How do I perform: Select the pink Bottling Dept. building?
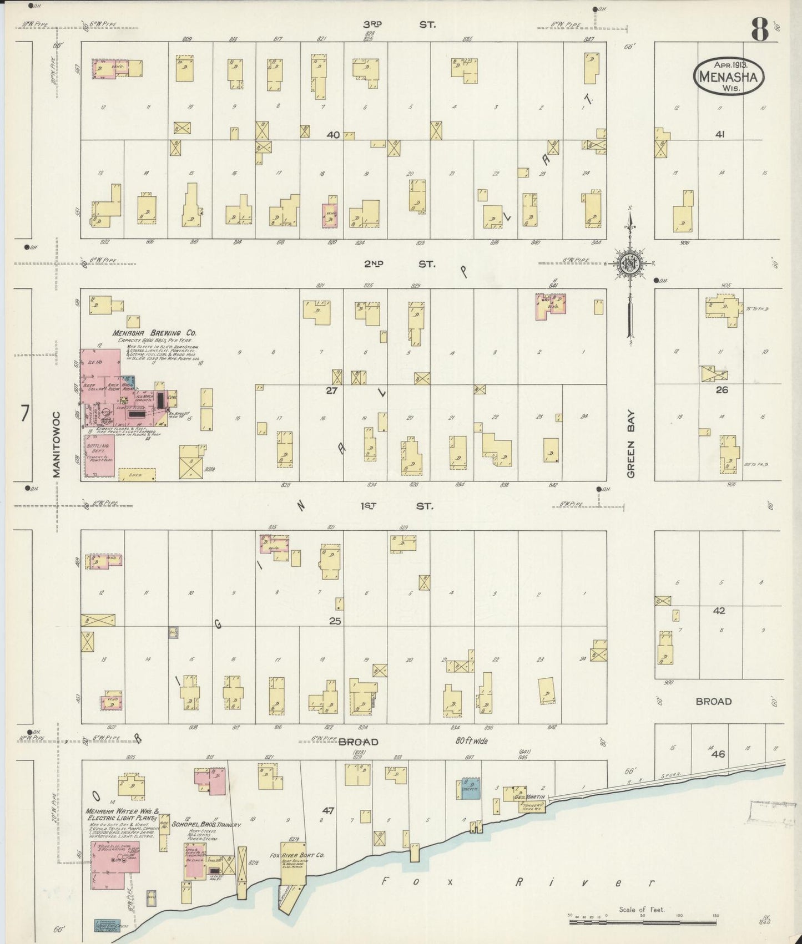pyautogui.click(x=99, y=455)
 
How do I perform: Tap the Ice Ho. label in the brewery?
pyautogui.click(x=93, y=362)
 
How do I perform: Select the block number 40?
pyautogui.click(x=332, y=135)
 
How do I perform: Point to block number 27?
pyautogui.click(x=331, y=390)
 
